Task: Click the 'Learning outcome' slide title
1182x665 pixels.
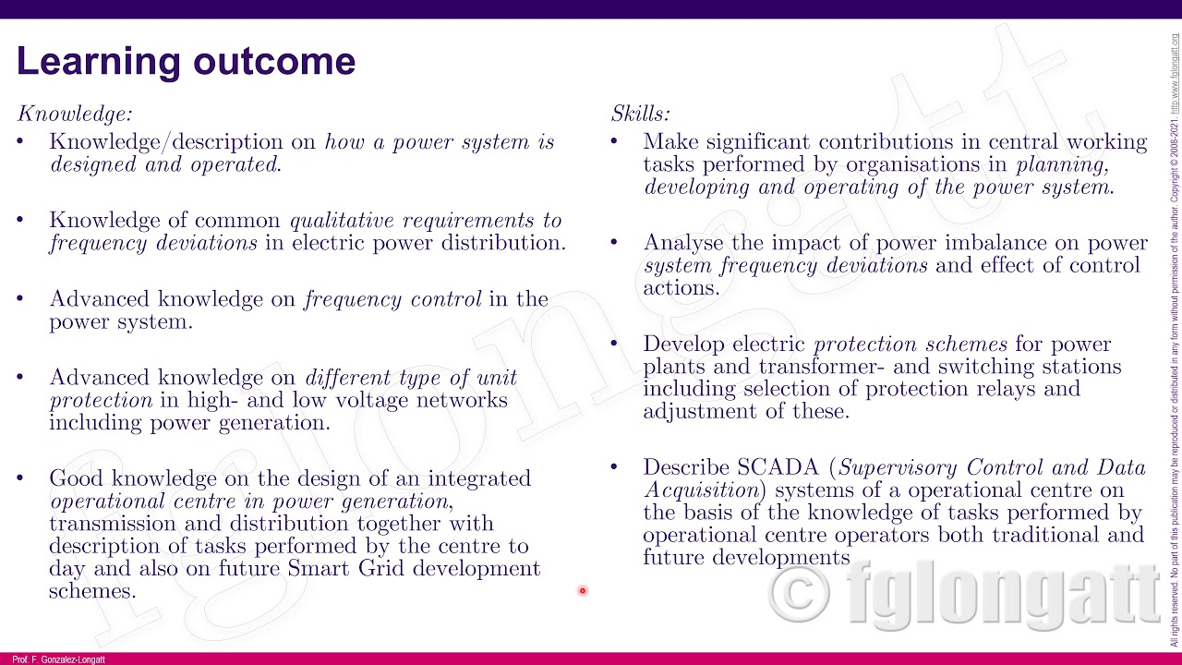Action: pyautogui.click(x=186, y=62)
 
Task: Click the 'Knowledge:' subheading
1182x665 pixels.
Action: pyautogui.click(x=75, y=114)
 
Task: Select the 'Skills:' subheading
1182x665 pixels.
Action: pyautogui.click(x=640, y=114)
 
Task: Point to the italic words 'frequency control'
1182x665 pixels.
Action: pyautogui.click(x=392, y=299)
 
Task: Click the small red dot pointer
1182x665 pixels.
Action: pyautogui.click(x=583, y=591)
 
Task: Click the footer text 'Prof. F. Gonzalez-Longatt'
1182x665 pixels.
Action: pyautogui.click(x=59, y=659)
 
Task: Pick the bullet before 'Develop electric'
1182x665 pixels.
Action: pyautogui.click(x=614, y=344)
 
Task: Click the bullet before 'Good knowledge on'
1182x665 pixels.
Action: pyautogui.click(x=20, y=478)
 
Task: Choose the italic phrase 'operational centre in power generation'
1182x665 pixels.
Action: pyautogui.click(x=249, y=502)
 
